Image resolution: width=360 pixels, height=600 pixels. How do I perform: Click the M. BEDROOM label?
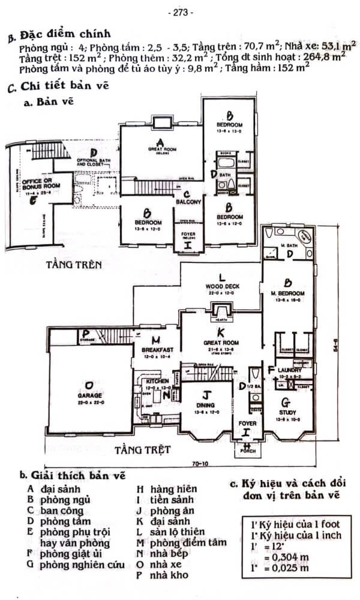click(x=288, y=293)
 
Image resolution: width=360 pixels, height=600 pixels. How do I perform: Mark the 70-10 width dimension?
click(x=200, y=464)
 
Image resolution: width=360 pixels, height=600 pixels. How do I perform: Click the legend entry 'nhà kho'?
click(x=160, y=575)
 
